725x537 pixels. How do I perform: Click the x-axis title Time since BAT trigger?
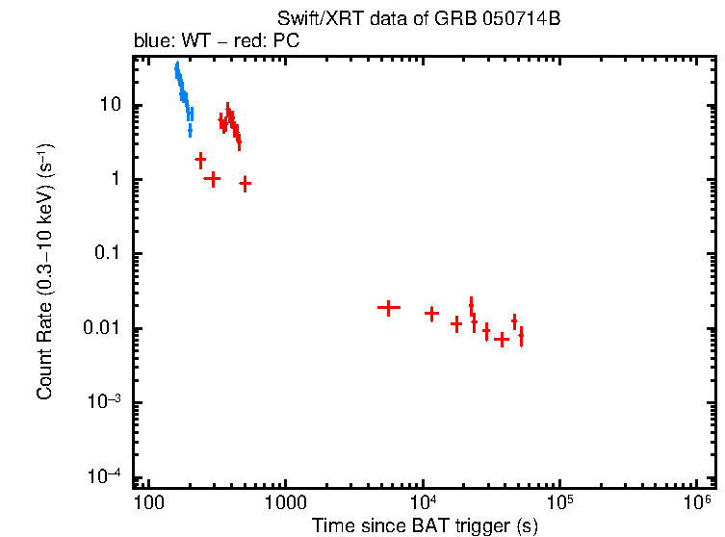(425, 525)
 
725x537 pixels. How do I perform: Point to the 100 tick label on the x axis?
(147, 502)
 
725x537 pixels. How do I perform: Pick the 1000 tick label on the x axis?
(285, 502)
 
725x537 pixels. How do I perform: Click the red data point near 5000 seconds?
(388, 308)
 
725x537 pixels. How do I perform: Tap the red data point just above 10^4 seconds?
(432, 314)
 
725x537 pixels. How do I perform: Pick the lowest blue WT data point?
(190, 129)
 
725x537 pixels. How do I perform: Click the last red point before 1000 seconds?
(246, 183)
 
